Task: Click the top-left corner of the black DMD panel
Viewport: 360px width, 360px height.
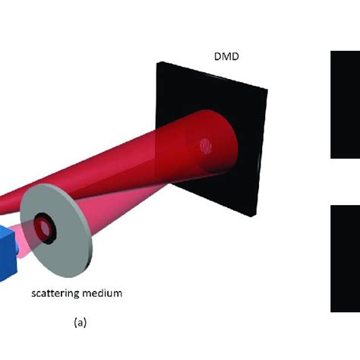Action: (157, 62)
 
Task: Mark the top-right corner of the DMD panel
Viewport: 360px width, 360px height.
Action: (266, 90)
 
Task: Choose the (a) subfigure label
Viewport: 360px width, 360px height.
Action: (81, 323)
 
